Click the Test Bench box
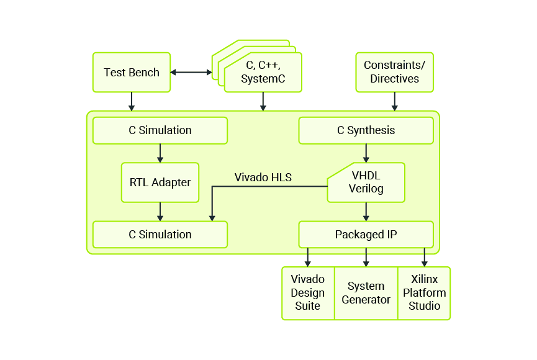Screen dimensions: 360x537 click(131, 73)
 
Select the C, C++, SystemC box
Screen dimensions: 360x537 click(263, 73)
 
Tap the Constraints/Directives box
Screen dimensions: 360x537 click(394, 73)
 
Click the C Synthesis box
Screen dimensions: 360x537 click(366, 130)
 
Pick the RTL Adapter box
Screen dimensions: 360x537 click(160, 182)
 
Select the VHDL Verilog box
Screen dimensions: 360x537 click(366, 182)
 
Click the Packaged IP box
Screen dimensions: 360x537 click(366, 235)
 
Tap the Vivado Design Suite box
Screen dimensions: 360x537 click(308, 293)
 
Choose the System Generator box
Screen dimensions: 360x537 click(366, 293)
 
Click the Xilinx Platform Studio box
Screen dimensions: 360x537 click(424, 293)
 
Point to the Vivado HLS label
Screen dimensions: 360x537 click(263, 178)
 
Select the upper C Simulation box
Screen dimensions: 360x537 click(160, 130)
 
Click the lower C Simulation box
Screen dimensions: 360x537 click(160, 235)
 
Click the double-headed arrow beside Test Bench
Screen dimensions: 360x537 click(191, 73)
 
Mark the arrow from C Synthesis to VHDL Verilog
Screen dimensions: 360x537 click(366, 153)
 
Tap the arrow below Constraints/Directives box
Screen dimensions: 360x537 click(394, 102)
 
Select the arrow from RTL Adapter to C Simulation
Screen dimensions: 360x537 click(160, 212)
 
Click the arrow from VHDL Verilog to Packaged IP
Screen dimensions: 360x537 click(366, 212)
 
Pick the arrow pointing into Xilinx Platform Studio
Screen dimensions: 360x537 click(425, 257)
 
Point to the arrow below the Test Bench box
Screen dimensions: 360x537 click(131, 102)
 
